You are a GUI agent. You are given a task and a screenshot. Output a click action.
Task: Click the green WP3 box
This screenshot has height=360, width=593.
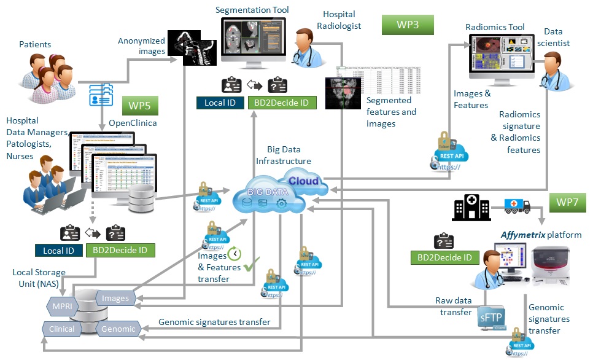pyautogui.click(x=408, y=25)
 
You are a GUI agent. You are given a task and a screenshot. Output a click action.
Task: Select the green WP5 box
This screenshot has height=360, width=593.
pyautogui.click(x=141, y=105)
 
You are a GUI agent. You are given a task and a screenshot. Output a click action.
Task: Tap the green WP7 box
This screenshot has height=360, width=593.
pyautogui.click(x=569, y=202)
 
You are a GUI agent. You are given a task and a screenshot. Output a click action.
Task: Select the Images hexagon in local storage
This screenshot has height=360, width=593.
pyautogui.click(x=116, y=299)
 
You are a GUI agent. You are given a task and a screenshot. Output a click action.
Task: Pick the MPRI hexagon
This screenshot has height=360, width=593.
pyautogui.click(x=62, y=305)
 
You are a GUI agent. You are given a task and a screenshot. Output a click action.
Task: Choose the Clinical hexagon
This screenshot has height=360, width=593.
pyautogui.click(x=62, y=329)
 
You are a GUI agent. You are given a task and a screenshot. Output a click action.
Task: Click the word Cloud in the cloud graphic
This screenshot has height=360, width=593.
pyautogui.click(x=304, y=181)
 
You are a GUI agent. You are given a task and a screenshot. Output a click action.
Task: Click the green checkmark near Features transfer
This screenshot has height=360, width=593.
pyautogui.click(x=250, y=267)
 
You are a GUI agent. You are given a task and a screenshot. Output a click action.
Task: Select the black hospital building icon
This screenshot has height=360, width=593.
pyautogui.click(x=467, y=208)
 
